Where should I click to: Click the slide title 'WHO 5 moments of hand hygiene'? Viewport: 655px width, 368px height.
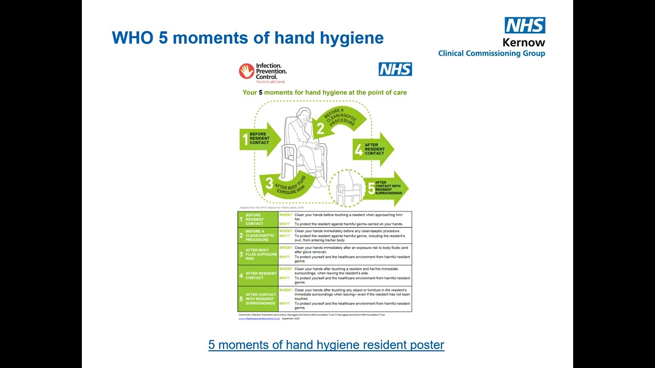248,38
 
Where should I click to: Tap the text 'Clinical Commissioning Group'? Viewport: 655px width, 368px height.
491,53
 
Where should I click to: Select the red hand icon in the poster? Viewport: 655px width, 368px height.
246,71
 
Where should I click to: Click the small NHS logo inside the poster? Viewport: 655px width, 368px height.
395,69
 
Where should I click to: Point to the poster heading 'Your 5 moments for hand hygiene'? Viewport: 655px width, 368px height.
324,93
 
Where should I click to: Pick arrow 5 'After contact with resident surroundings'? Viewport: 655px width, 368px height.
387,188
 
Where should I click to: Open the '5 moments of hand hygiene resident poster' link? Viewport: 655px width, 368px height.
326,345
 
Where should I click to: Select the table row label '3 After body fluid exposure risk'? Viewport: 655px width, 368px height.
258,255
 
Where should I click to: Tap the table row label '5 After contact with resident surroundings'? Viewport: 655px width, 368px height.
258,299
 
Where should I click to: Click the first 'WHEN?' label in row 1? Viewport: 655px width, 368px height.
286,215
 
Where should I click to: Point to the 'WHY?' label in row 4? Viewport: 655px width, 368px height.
285,278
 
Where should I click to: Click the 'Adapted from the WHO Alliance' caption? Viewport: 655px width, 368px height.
268,208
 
